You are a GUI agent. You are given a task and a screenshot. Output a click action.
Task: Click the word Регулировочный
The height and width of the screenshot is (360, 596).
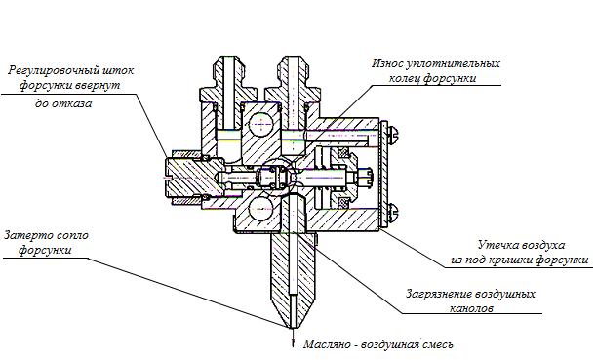pos(56,71)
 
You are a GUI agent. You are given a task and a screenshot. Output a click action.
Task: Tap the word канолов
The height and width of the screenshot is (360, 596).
pos(471,308)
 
